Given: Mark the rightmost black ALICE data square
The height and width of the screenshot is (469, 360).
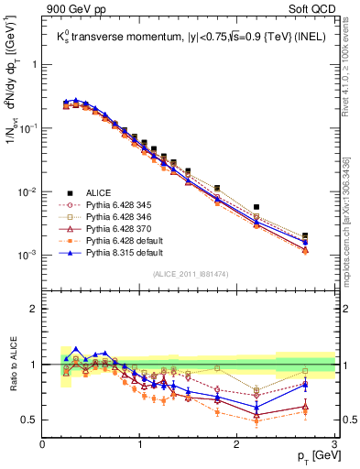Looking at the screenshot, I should pos(305,236).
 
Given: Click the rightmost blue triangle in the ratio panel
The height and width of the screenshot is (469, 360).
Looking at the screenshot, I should pos(305,384).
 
